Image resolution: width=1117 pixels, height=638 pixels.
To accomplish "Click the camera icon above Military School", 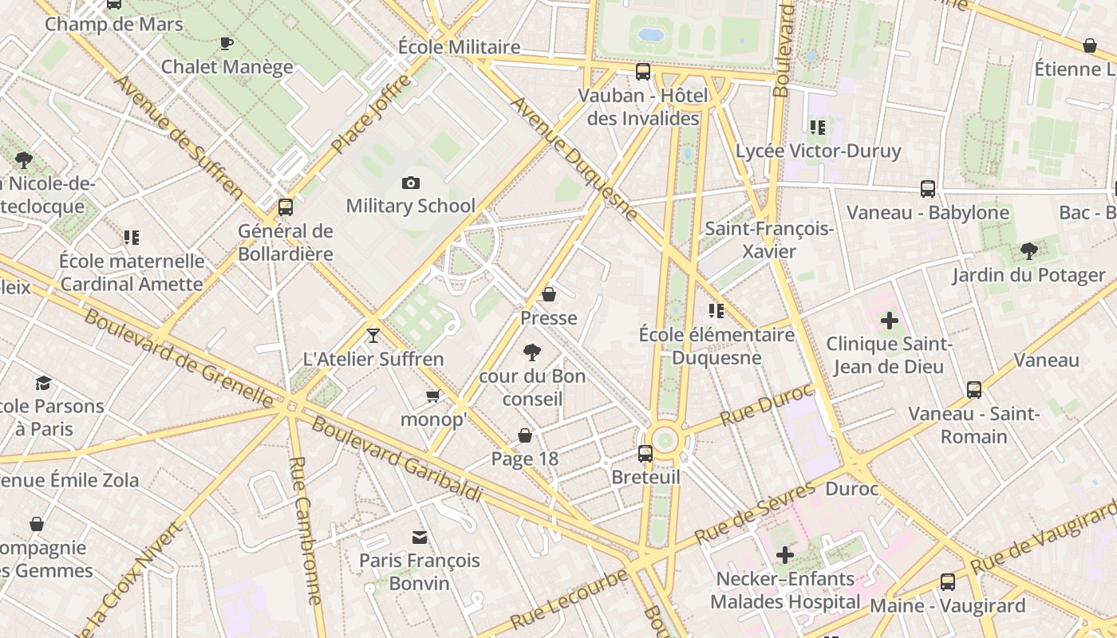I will (411, 183).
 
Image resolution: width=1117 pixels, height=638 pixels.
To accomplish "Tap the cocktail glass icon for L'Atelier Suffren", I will (373, 335).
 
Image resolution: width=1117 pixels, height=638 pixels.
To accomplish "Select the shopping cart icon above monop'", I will (433, 396).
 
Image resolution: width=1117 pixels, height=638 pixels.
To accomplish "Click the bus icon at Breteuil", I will (645, 454).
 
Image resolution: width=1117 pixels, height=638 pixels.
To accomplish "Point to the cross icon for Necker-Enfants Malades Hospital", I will (785, 554).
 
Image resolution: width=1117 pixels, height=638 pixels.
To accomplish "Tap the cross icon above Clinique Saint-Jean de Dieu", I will (889, 321).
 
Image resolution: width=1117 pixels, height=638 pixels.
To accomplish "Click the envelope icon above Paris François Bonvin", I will (420, 537).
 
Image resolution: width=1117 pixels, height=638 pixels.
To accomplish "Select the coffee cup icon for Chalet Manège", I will (227, 43).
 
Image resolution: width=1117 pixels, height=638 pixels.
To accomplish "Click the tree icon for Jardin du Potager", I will (1029, 251).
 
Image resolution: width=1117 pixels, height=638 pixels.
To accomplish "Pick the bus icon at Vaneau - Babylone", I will (928, 189).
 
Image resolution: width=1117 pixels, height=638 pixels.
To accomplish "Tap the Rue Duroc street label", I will (766, 405).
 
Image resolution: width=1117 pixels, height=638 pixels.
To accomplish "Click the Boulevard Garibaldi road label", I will (397, 460).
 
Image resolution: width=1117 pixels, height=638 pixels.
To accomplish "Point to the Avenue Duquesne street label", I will (574, 159).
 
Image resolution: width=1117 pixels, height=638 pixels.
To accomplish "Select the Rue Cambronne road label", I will (306, 530).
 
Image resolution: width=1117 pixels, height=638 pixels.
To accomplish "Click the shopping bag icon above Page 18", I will (525, 435).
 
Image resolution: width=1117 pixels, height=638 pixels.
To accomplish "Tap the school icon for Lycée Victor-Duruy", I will (818, 127).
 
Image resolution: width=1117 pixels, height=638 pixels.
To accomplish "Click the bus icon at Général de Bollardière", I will (286, 207).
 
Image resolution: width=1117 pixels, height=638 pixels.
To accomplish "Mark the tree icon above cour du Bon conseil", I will (531, 352).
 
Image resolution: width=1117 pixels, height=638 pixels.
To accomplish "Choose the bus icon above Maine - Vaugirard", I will (948, 582).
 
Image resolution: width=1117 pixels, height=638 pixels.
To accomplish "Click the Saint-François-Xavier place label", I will (769, 240).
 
